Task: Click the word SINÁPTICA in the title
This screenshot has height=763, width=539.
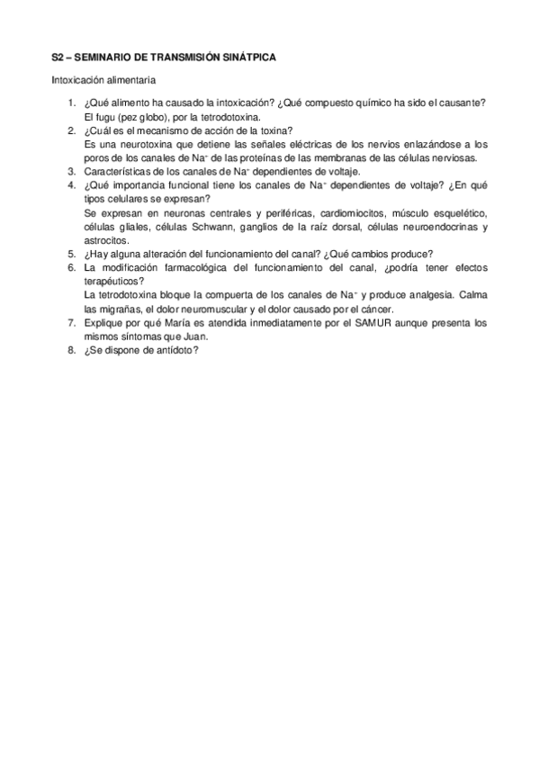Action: pyautogui.click(x=245, y=58)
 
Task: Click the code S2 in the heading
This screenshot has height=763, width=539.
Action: pyautogui.click(x=58, y=58)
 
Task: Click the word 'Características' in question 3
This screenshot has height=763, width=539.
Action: pyautogui.click(x=116, y=171)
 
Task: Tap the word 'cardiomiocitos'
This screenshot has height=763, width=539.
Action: pyautogui.click(x=331, y=212)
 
